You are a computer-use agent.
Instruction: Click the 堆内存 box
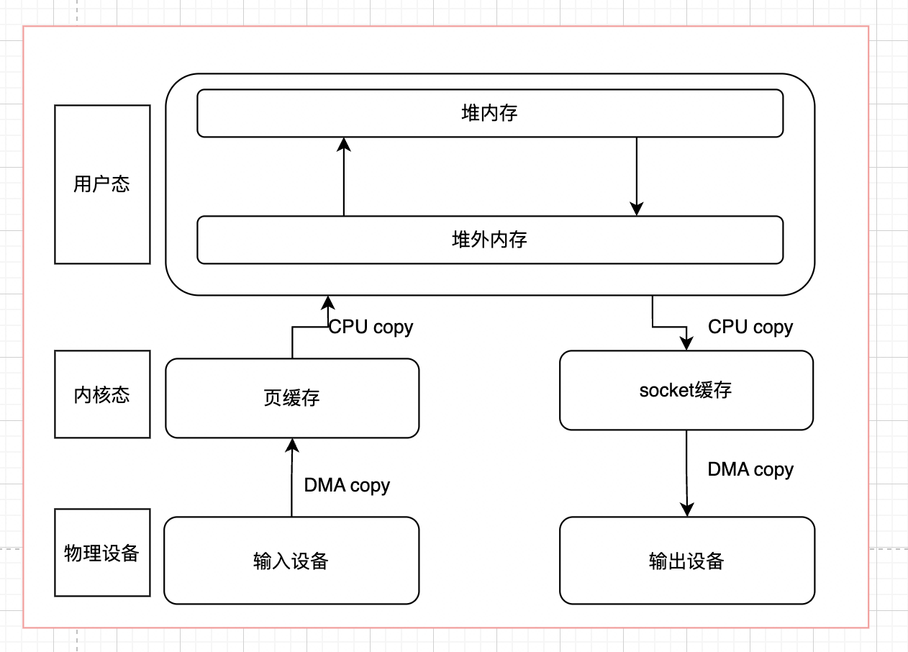[x=489, y=113]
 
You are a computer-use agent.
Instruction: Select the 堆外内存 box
[x=489, y=240]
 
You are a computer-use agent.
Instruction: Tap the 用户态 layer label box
[x=102, y=184]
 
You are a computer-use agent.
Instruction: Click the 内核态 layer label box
[x=102, y=394]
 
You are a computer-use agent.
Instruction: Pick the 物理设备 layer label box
[x=102, y=553]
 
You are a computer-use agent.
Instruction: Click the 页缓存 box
[x=291, y=398]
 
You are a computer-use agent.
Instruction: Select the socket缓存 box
[x=686, y=390]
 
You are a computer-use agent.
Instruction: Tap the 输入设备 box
[x=291, y=561]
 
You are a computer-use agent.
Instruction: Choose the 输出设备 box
[x=686, y=561]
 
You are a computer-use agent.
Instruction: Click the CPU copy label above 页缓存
[x=371, y=327]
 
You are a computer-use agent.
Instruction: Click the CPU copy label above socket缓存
[x=750, y=327]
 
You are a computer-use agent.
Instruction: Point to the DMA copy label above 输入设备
[x=347, y=485]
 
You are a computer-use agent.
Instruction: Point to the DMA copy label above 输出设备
[x=750, y=470]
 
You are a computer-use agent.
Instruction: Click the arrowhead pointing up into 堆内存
[x=344, y=145]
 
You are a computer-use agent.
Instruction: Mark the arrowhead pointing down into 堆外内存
[x=636, y=208]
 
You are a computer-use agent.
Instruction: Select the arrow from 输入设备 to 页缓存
[x=291, y=479]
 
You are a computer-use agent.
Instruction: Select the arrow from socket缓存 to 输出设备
[x=686, y=471]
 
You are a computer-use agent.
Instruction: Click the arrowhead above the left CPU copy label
[x=327, y=302]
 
